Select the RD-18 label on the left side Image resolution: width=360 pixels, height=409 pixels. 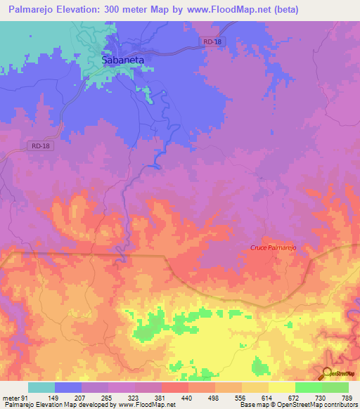coord(41,145)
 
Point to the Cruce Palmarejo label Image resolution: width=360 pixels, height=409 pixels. coord(280,247)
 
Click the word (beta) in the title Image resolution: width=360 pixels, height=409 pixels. coord(280,10)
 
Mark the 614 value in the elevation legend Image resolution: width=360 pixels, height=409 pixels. coord(269,397)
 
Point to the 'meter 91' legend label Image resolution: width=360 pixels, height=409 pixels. coord(15,397)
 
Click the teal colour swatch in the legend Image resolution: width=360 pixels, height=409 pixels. coord(41,387)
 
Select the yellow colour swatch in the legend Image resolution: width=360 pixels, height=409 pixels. coord(282,387)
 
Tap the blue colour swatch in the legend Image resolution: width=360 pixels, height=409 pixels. coord(68,387)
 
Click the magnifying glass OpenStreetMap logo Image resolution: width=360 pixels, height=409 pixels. coord(328,373)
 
